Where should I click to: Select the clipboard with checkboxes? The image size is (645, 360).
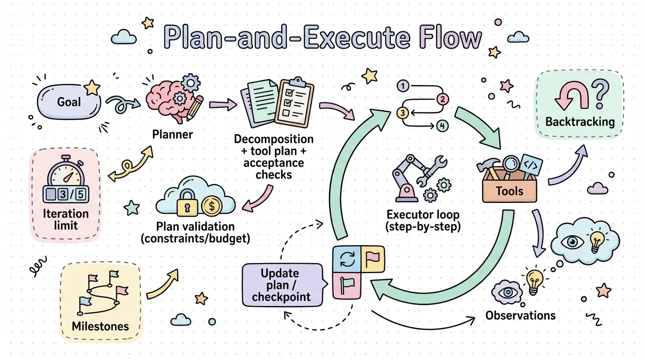tap(294, 102)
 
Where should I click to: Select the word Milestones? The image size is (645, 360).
tap(100, 326)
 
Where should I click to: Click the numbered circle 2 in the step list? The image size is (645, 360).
tap(442, 99)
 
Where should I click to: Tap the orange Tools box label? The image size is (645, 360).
tap(510, 191)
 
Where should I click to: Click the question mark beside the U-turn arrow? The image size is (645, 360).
tap(600, 93)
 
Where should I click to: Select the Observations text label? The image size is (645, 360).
tap(520, 315)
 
